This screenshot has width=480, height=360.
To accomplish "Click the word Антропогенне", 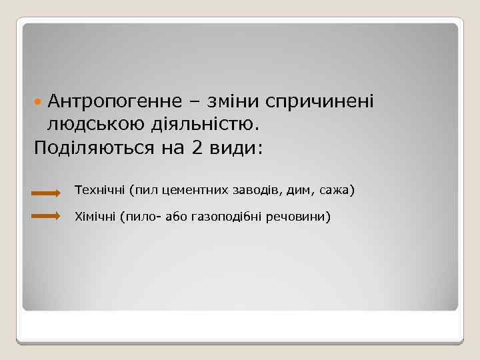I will [x=114, y=101].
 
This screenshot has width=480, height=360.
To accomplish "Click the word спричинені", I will [x=320, y=102].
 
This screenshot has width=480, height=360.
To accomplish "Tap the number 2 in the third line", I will [x=197, y=147].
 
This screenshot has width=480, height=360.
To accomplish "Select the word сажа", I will [x=335, y=191].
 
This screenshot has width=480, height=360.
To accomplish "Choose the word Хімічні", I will [x=96, y=217].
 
